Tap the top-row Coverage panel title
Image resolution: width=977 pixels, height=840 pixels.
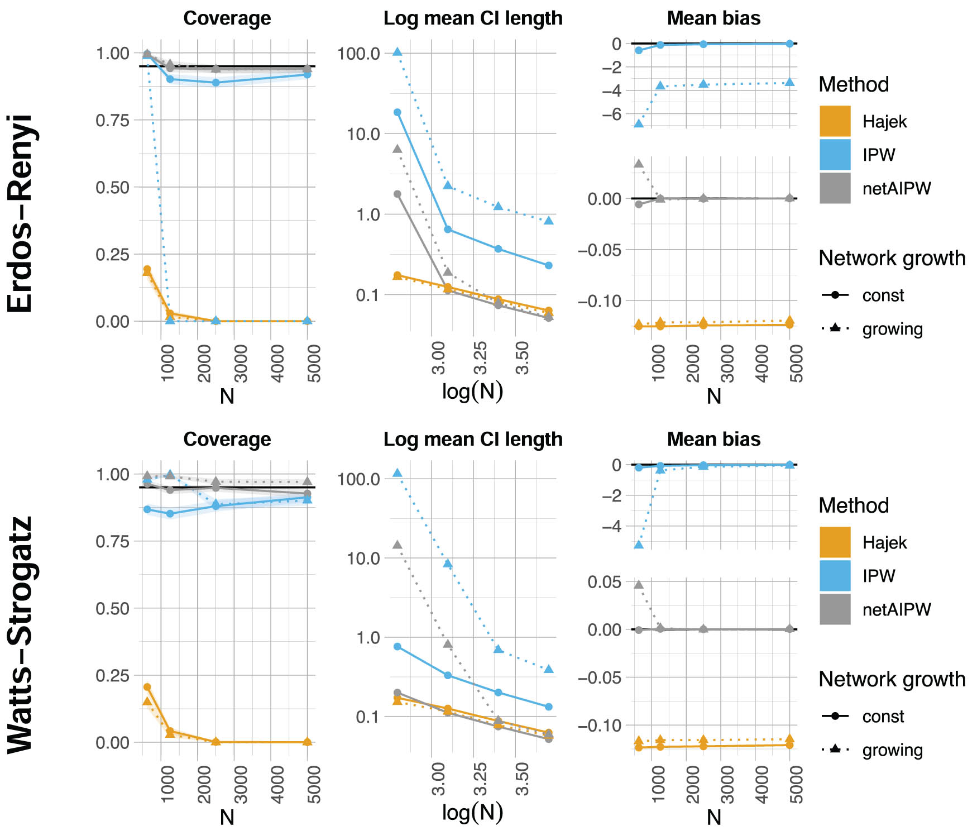(227, 18)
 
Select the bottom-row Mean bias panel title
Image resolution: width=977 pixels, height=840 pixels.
(713, 440)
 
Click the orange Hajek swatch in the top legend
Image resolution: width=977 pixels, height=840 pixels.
(835, 121)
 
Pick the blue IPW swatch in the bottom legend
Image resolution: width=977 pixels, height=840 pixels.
(835, 576)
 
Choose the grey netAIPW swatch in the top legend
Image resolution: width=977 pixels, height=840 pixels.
(835, 188)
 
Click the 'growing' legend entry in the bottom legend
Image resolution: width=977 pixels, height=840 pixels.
(892, 750)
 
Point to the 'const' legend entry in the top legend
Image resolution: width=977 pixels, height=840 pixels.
(882, 295)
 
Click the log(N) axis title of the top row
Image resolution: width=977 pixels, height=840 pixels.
(472, 392)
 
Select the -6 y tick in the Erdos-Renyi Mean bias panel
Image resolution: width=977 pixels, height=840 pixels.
(610, 114)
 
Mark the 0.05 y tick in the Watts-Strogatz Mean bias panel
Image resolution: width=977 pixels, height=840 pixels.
(604, 582)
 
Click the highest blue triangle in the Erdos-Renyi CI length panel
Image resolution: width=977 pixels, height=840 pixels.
(397, 52)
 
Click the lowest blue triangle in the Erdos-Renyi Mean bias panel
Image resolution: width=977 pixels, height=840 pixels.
(639, 123)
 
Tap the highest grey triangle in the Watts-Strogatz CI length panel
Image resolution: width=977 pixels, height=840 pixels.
(397, 545)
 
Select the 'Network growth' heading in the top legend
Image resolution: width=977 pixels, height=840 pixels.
(892, 258)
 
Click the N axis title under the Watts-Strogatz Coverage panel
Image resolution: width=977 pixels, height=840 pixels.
(227, 817)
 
